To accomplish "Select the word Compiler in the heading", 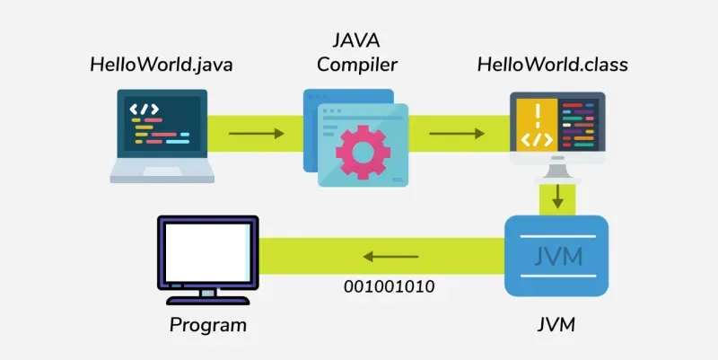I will coord(356,65).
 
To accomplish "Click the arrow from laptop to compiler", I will coord(256,134).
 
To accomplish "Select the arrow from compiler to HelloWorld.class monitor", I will coord(457,134).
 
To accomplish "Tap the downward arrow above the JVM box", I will coord(557,195).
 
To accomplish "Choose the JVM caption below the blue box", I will coord(557,323).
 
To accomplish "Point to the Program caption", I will coord(208,323).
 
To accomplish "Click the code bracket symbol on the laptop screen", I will coord(144,110).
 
